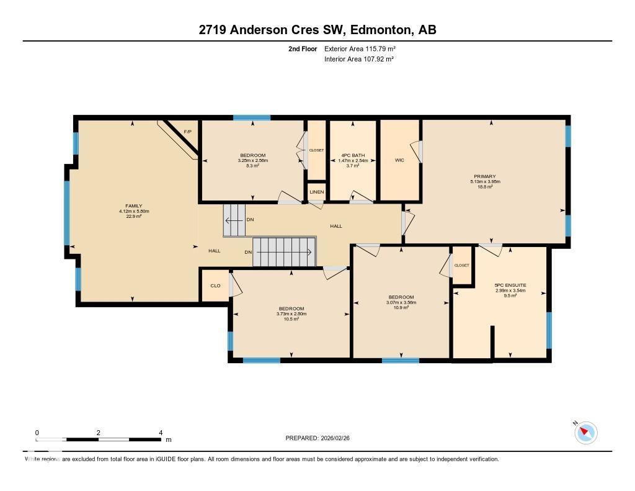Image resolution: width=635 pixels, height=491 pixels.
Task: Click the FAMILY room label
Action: coord(135,206)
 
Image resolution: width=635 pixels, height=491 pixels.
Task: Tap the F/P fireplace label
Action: coord(187,132)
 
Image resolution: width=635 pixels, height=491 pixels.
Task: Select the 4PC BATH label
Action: coord(353,155)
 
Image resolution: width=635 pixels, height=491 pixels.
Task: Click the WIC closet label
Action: coord(399,160)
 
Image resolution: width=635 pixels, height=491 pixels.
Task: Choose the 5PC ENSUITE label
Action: coord(510,285)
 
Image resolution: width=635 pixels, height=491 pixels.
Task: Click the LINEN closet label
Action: coord(317,192)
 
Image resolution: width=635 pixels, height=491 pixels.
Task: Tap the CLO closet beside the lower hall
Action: coord(215,286)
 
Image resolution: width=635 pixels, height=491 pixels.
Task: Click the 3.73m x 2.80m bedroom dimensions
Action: coord(291,314)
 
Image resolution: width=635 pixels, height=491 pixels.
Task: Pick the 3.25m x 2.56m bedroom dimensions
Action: coord(252,161)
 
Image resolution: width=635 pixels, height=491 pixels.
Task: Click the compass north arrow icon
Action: coord(585,432)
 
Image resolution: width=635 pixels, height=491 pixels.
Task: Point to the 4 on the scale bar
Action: coord(161,433)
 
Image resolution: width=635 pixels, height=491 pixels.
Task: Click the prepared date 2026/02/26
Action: coord(339,438)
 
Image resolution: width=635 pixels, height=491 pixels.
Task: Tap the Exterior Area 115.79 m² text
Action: coord(360,48)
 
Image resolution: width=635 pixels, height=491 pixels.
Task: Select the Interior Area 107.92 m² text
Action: coord(359,59)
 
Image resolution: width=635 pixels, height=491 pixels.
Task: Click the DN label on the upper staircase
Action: coord(250,220)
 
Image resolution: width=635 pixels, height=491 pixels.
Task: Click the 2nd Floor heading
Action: coord(303,48)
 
